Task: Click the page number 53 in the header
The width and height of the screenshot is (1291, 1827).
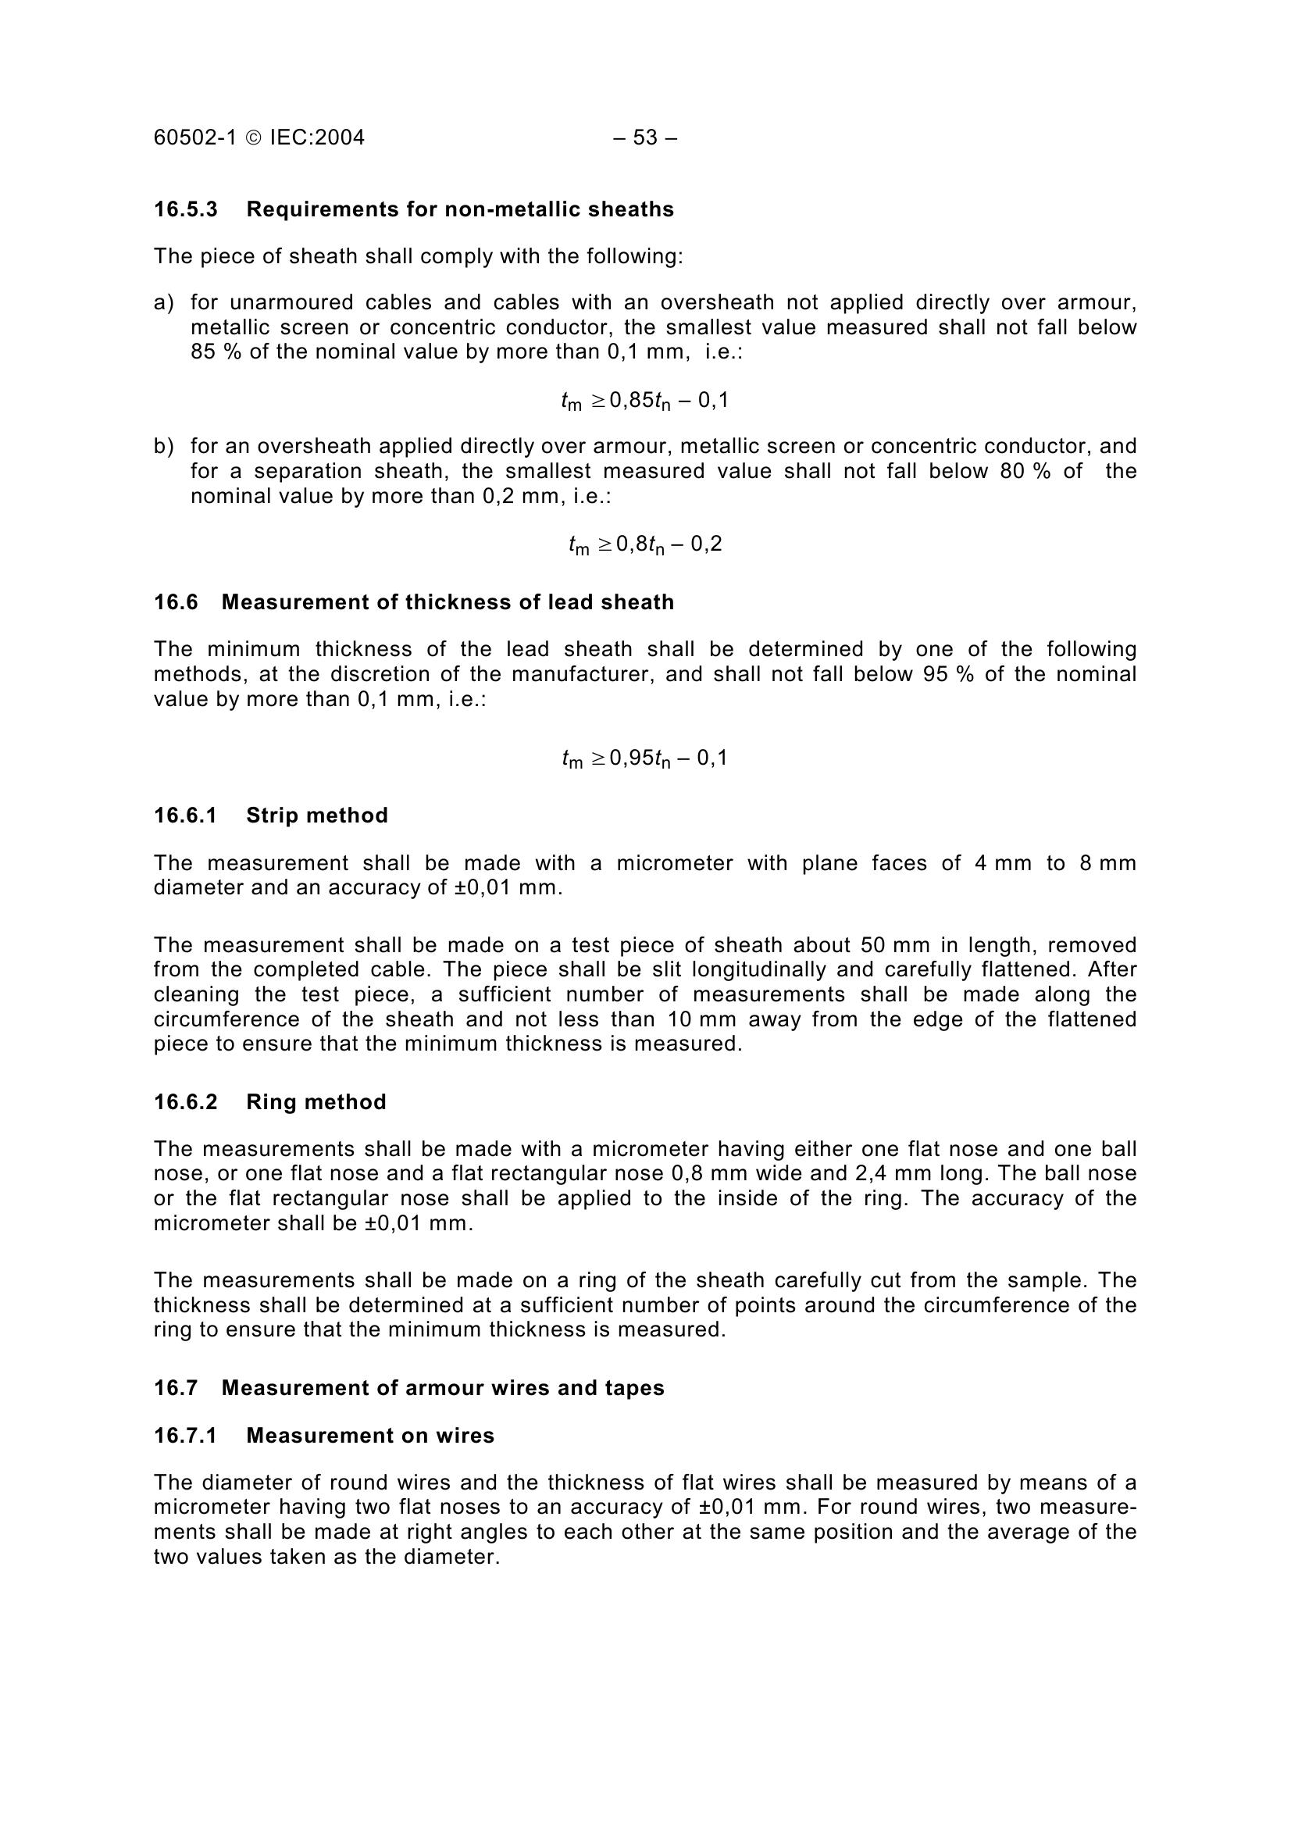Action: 645,138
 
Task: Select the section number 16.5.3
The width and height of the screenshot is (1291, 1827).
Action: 185,210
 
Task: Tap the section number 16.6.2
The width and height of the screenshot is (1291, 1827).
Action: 185,1102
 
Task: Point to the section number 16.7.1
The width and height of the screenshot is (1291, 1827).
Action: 185,1436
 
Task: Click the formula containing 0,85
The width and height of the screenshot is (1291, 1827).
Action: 644,401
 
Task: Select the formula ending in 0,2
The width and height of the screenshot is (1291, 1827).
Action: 645,545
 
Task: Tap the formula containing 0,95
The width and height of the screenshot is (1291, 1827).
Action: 644,759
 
